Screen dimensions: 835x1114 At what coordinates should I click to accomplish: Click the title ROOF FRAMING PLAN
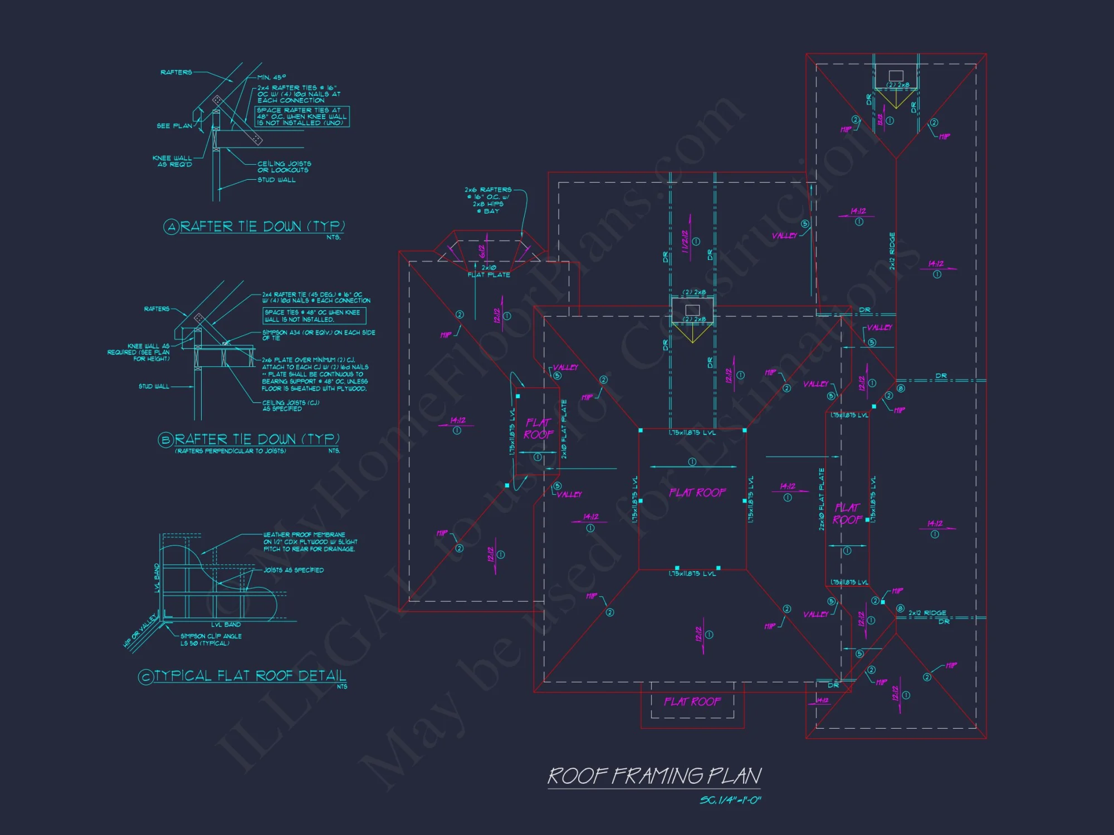click(654, 776)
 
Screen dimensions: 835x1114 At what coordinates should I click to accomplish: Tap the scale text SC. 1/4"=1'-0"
click(730, 800)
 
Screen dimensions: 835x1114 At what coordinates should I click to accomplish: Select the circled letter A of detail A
click(171, 227)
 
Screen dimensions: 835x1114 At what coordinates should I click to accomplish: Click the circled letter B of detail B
click(165, 440)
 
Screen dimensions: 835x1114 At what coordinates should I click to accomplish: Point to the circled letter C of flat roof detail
click(145, 677)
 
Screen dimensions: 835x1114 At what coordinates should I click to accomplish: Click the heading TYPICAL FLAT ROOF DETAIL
click(250, 676)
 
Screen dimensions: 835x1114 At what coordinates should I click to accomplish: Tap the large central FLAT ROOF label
click(697, 493)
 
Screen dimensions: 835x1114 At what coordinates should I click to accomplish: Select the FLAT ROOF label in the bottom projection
click(692, 701)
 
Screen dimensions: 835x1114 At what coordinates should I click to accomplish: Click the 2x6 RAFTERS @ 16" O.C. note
click(488, 200)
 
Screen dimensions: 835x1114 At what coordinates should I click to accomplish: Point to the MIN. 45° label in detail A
click(272, 77)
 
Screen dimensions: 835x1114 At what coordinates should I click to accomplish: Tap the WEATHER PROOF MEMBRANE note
click(310, 542)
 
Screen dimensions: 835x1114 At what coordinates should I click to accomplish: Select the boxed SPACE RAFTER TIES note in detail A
click(302, 117)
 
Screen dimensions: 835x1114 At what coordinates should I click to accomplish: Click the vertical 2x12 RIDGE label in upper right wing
click(892, 251)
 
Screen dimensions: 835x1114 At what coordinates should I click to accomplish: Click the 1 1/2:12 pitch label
click(685, 242)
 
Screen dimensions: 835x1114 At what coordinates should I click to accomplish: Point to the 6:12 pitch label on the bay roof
click(482, 252)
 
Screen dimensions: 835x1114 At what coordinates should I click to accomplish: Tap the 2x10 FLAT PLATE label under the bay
click(488, 271)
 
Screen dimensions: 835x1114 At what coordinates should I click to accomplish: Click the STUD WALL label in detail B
click(154, 386)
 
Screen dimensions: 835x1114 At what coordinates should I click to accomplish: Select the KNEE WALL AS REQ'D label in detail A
click(172, 161)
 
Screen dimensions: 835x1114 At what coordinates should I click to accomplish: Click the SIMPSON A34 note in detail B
click(319, 335)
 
